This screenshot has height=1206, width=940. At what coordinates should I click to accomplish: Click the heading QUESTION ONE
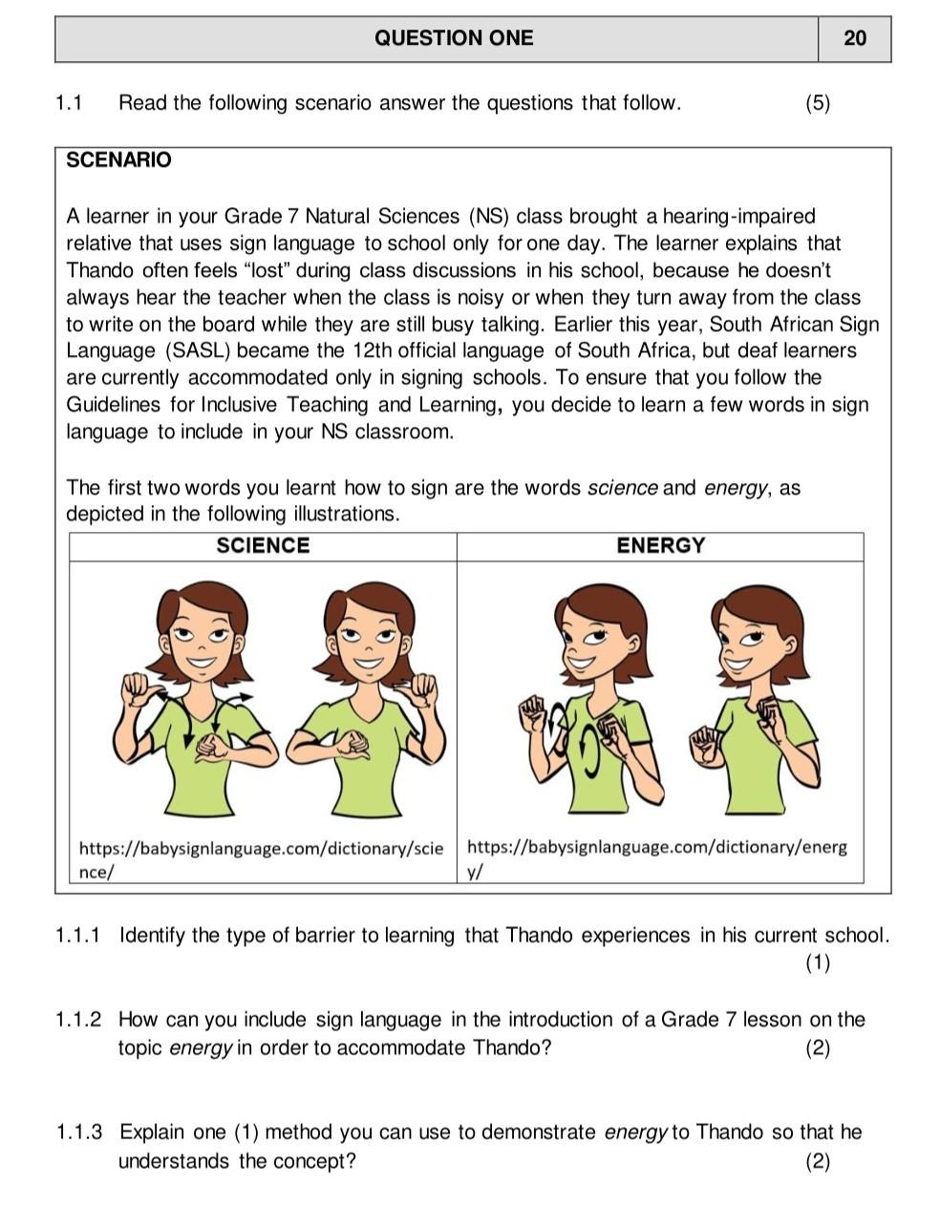pyautogui.click(x=454, y=38)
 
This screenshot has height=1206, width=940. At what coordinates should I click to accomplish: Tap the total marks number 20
pyautogui.click(x=854, y=38)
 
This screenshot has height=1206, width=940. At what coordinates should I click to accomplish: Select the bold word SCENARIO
pyautogui.click(x=119, y=160)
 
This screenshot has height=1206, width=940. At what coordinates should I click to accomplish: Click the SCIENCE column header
pyautogui.click(x=263, y=546)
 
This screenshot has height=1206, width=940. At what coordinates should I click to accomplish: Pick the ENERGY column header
pyautogui.click(x=660, y=546)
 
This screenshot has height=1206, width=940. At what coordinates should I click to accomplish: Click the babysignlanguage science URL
pyautogui.click(x=260, y=858)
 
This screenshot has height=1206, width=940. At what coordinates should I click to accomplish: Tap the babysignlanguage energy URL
pyautogui.click(x=656, y=858)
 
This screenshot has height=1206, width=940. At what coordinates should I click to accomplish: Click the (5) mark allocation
pyautogui.click(x=817, y=103)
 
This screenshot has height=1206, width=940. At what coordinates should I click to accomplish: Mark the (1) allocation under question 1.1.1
pyautogui.click(x=817, y=963)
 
